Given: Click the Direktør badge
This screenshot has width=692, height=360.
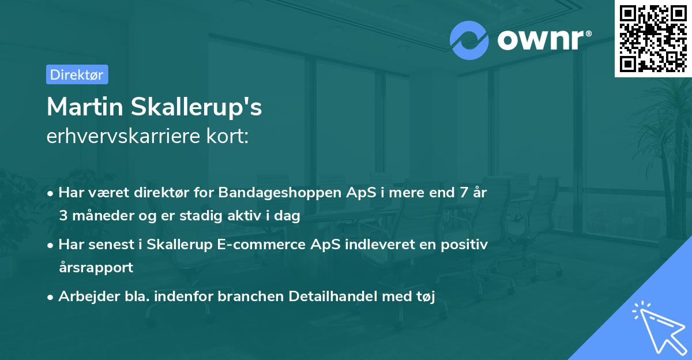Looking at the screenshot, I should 77,74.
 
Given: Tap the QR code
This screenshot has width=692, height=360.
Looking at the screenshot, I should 653,38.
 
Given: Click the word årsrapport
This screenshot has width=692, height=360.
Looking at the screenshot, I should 96,267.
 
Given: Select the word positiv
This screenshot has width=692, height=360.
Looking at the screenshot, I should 465,244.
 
